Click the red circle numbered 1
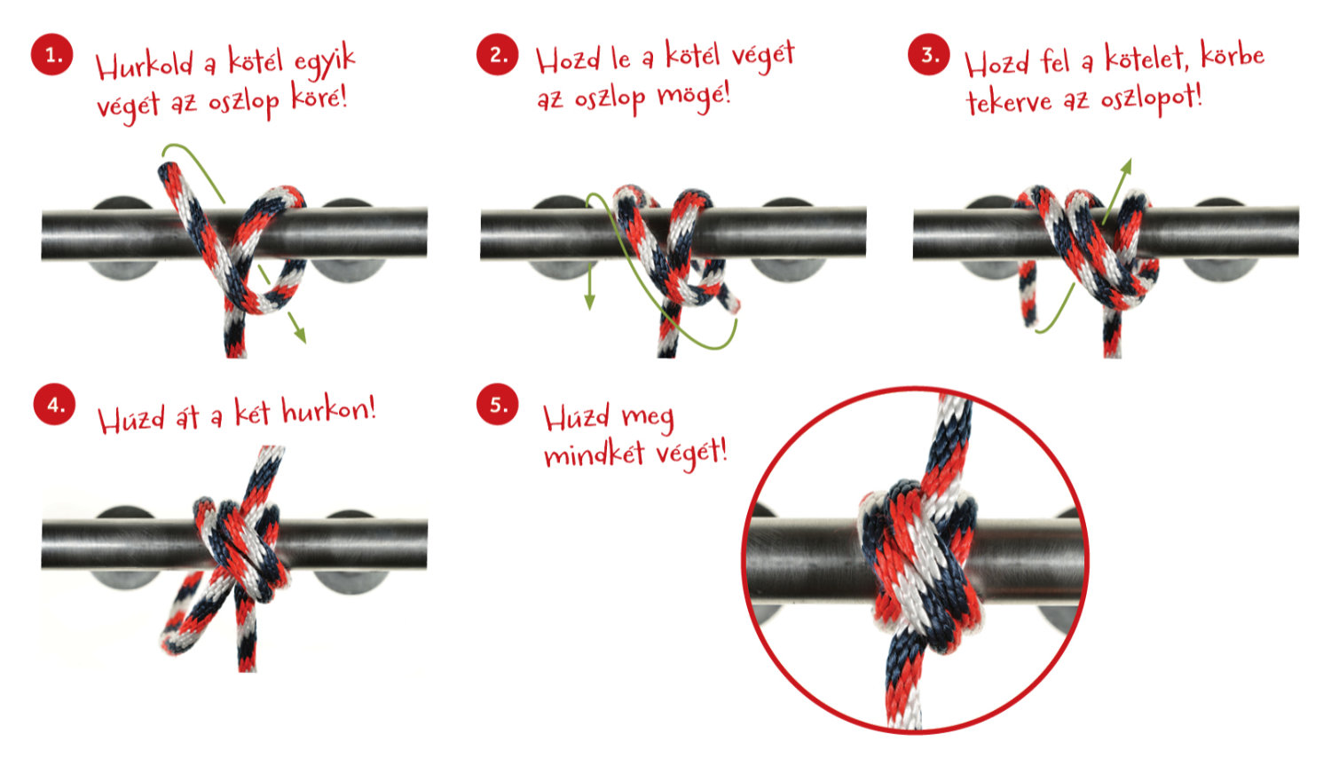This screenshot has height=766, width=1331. point(52,55)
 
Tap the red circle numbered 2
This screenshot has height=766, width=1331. point(497,55)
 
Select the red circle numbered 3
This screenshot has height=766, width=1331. point(929,55)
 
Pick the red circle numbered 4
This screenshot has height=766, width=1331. point(55,405)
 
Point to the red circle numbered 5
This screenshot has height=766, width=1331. point(497,405)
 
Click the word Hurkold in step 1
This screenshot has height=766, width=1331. point(145,65)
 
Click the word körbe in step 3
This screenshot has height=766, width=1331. point(1233,56)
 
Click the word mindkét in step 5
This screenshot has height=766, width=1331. point(595,454)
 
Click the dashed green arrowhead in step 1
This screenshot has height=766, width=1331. point(300,335)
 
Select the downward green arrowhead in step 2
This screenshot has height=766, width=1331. point(589,301)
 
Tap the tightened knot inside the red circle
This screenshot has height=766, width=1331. point(918,565)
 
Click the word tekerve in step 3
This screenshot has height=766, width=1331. point(1009,103)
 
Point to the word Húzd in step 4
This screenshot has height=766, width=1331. point(131,420)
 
